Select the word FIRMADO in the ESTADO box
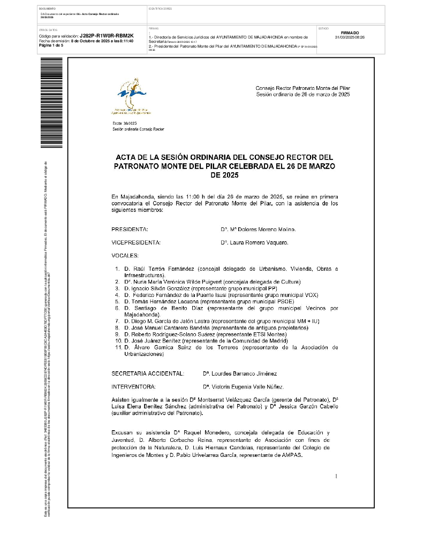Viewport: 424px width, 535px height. (x=350, y=33)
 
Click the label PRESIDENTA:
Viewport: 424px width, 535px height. (x=130, y=230)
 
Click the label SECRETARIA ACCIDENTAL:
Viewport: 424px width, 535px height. (x=148, y=373)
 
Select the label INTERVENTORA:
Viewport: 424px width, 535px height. (x=134, y=386)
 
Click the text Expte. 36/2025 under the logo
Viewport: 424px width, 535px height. (x=122, y=124)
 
